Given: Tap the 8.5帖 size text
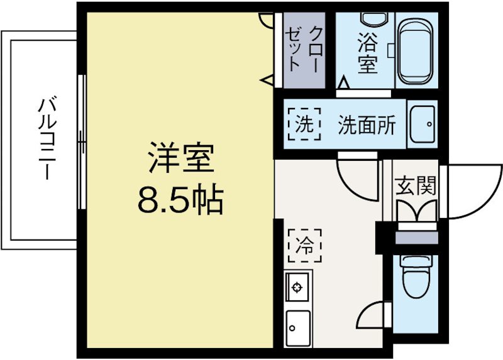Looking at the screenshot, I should click(x=180, y=200).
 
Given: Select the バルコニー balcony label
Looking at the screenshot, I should click(x=45, y=139).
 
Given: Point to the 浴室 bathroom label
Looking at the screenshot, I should click(x=367, y=53).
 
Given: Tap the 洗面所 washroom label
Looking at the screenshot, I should click(x=367, y=125).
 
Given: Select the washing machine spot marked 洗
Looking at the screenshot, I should click(x=304, y=124).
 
